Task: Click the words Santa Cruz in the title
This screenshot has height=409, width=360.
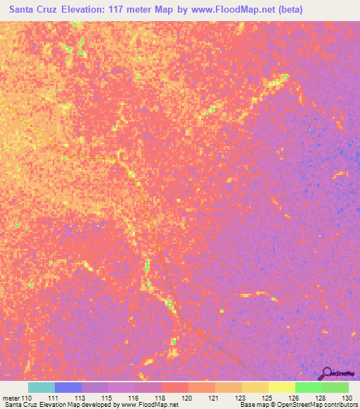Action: point(33,11)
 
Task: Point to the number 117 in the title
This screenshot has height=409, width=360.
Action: point(131,11)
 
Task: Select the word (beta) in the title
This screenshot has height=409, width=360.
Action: point(289,11)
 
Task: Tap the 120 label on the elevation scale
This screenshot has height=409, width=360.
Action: point(187,398)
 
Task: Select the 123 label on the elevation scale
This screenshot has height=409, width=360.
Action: point(240,398)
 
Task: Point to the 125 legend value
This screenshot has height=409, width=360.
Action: point(267,398)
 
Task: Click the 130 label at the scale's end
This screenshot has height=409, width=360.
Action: point(348,398)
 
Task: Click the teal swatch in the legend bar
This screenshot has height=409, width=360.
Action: point(41,387)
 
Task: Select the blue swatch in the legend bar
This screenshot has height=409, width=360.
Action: point(67,387)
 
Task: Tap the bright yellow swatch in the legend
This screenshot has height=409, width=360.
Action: point(281,387)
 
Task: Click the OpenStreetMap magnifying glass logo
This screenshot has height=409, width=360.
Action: point(327,372)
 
